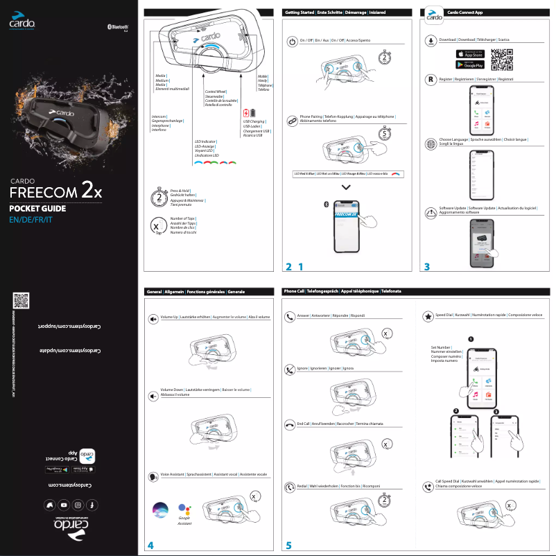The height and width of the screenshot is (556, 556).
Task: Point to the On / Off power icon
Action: pos(292,41)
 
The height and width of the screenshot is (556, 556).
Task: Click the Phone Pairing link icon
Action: pos(292,120)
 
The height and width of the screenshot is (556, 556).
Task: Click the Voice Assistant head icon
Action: pos(153,476)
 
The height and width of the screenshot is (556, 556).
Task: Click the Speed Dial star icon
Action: pos(428,317)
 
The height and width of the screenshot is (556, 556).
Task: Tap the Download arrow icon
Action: pos(431,40)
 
